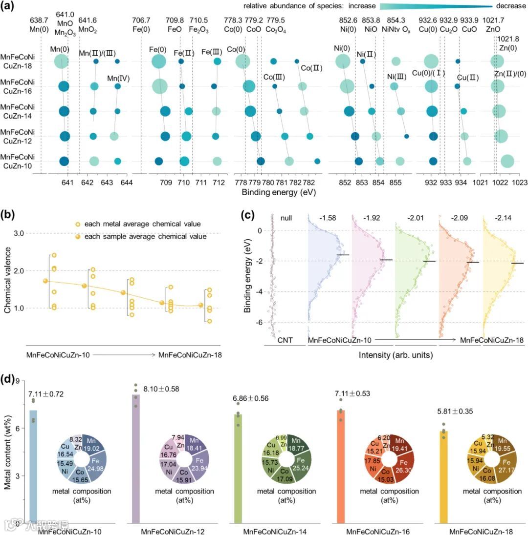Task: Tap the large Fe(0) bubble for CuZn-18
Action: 158,62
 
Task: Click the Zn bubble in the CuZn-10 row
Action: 507,161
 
